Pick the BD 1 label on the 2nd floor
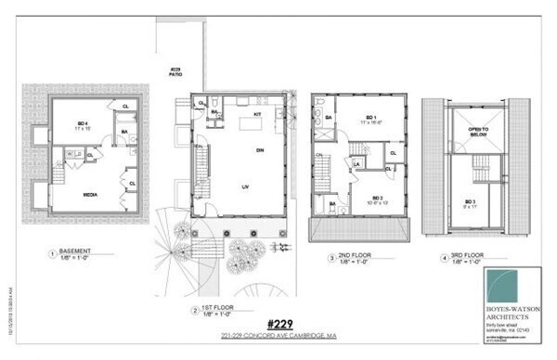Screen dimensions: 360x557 [x=369, y=118]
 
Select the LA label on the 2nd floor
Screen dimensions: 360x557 [x=356, y=163]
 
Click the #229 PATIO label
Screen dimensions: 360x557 [x=175, y=72]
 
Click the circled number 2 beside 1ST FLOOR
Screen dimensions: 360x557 [x=193, y=310]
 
